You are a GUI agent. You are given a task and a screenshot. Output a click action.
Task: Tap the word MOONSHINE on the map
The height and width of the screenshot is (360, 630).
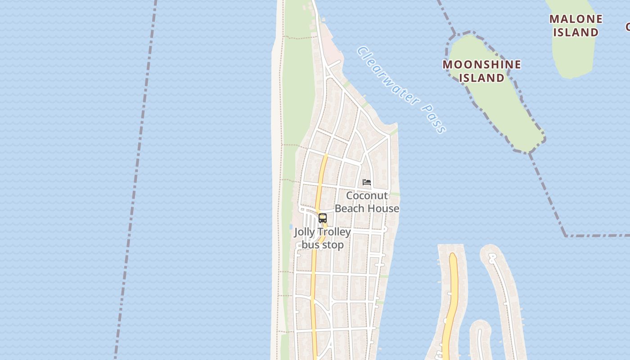point(481,65)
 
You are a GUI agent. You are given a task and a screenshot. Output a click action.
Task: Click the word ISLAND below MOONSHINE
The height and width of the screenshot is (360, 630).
point(481,78)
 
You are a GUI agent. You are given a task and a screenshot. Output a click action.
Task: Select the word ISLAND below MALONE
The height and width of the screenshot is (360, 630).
point(576,32)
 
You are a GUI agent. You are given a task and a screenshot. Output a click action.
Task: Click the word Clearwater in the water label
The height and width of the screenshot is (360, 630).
point(387,76)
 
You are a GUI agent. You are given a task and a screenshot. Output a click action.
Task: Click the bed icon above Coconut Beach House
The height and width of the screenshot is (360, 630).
point(367,182)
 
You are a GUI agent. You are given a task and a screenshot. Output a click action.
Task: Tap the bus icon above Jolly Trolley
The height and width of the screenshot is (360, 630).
point(322,218)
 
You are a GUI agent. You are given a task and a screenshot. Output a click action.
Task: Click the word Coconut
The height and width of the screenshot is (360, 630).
point(367,196)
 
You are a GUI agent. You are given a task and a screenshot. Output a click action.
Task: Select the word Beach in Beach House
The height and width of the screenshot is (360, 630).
point(351,208)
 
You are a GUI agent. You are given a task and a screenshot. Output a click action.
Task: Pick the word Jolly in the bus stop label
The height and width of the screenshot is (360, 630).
point(304,232)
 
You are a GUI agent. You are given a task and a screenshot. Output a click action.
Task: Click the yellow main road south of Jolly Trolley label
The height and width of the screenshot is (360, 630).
point(313,288)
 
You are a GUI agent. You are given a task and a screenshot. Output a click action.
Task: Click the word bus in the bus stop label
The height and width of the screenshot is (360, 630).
point(310,245)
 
